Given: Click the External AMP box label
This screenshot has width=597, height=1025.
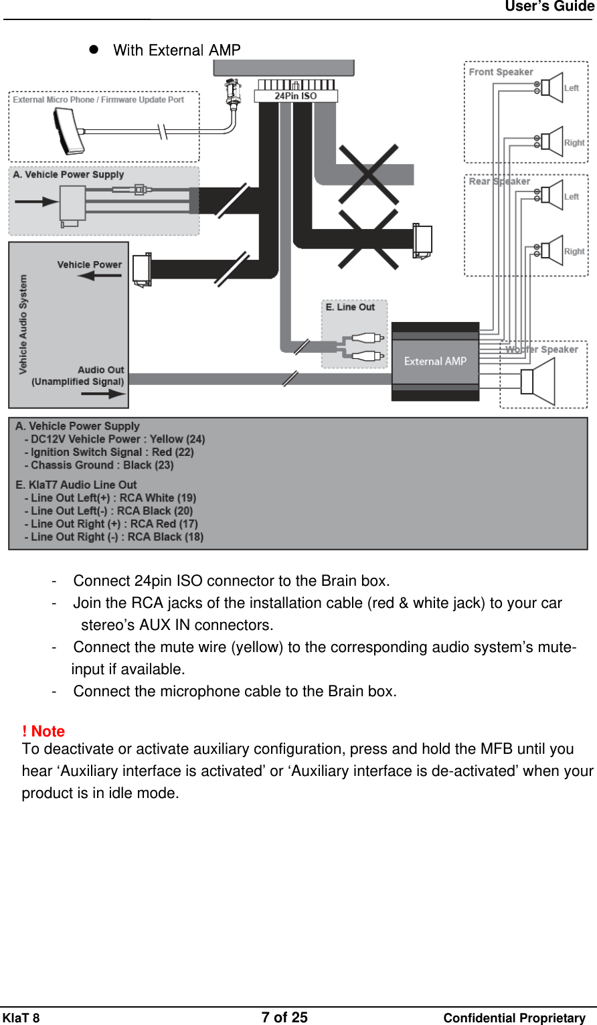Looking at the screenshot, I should [x=435, y=362].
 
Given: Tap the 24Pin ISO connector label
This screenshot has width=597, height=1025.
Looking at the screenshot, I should [x=295, y=96].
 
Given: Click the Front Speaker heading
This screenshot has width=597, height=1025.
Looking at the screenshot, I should [x=501, y=72].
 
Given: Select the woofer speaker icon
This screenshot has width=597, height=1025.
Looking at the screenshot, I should [x=539, y=382].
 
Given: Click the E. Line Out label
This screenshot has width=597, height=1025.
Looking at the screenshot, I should [x=350, y=307].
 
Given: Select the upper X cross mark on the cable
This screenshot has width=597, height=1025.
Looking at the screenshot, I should [x=369, y=174].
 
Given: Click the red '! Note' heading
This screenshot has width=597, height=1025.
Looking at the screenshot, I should [x=44, y=731].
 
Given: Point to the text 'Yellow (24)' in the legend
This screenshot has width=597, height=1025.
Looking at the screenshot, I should [x=177, y=439].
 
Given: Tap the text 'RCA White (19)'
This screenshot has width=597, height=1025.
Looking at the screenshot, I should [x=158, y=498].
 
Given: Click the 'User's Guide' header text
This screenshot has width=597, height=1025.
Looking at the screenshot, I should [x=549, y=7].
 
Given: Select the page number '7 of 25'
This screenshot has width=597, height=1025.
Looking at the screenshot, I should [x=284, y=1018].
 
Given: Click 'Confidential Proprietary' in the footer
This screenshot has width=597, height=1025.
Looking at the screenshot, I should [x=514, y=1018].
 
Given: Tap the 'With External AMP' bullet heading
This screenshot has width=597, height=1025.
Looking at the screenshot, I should [x=177, y=50].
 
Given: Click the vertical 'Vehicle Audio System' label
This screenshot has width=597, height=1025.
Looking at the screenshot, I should [x=23, y=324].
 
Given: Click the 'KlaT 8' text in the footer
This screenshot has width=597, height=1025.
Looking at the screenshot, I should [x=21, y=1018].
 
